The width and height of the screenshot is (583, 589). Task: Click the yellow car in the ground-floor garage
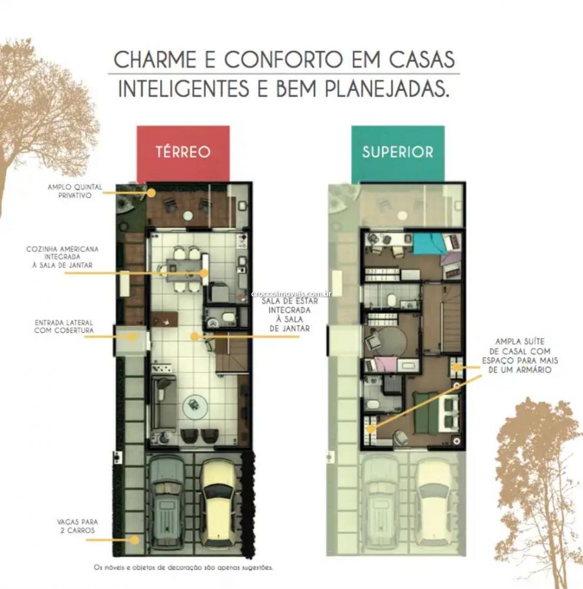coord(218,502)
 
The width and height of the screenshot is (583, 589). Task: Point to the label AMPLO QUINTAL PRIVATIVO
coord(75,191)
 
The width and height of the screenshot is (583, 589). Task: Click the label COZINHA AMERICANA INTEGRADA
coord(62,257)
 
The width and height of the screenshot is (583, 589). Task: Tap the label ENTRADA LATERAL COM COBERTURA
coord(64,326)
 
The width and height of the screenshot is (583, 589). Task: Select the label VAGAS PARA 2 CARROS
coord(77,526)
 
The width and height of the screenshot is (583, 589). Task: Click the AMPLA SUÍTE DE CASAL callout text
coord(520,355)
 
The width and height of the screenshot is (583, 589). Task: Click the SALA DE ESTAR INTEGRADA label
coord(290,315)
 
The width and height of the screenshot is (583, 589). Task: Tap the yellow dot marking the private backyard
coord(151,193)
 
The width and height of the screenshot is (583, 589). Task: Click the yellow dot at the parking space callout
coord(134,540)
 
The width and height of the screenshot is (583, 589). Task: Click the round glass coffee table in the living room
coord(195,406)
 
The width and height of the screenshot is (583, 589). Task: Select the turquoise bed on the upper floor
coord(429,243)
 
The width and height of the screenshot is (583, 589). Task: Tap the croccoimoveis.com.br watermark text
coord(291,294)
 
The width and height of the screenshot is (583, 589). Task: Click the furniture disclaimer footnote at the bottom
coord(183,567)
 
